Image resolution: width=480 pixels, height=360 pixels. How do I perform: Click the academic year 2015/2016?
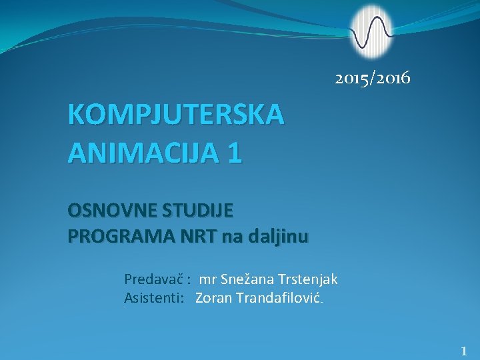pyautogui.click(x=373, y=79)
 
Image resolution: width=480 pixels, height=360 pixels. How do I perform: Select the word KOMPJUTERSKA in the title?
pyautogui.click(x=176, y=115)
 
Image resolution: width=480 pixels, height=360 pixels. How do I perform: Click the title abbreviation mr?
pyautogui.click(x=207, y=279)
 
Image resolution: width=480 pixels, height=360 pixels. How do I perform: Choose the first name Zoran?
pyautogui.click(x=213, y=297)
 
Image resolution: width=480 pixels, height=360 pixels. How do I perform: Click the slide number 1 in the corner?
pyautogui.click(x=464, y=350)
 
